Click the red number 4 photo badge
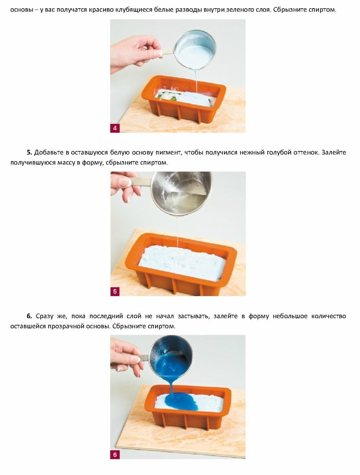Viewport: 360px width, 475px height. (x=115, y=128)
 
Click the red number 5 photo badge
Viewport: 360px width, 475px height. (x=115, y=292)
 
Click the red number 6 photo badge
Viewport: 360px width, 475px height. (x=115, y=455)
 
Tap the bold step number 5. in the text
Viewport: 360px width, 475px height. (x=29, y=152)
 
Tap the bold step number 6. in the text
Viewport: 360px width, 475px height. (x=29, y=316)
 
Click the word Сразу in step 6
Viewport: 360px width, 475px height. (x=44, y=317)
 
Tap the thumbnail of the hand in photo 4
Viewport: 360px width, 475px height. (x=136, y=52)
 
